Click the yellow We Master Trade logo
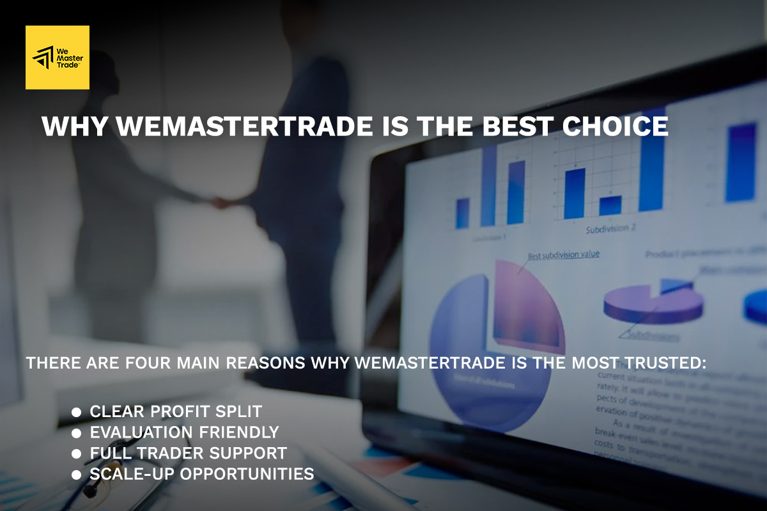(x=58, y=57)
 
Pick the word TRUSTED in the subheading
(x=664, y=363)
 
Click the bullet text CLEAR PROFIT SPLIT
(x=176, y=411)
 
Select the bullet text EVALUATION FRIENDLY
(x=184, y=432)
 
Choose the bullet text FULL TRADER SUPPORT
(x=188, y=454)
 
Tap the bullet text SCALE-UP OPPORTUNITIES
(x=202, y=475)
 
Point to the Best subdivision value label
(x=563, y=255)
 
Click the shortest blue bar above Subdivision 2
(x=610, y=205)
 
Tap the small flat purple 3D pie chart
(x=652, y=303)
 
